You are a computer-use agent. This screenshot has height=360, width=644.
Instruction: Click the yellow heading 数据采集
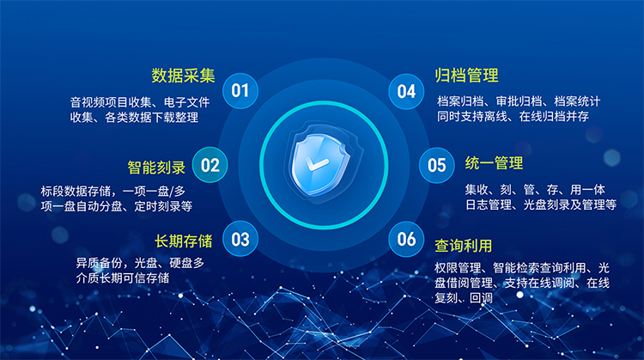(182, 75)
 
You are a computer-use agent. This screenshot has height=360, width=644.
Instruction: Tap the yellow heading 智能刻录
(155, 166)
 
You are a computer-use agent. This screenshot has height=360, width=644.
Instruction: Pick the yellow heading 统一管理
(494, 163)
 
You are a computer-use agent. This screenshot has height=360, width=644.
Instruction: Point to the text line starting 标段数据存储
(112, 190)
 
